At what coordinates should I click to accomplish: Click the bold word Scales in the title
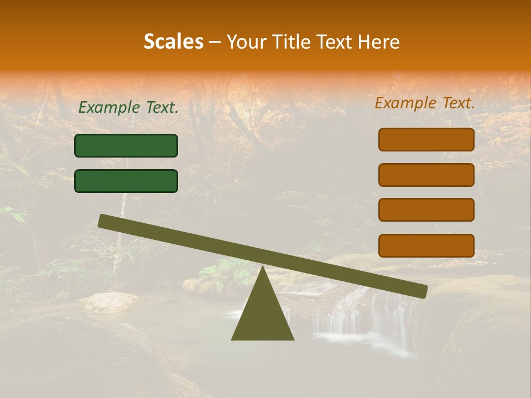point(174,41)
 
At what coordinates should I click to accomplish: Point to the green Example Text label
point(128,108)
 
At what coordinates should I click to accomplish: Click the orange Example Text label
point(425,103)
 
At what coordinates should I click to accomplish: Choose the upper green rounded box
point(126,145)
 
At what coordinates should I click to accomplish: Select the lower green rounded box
point(126,181)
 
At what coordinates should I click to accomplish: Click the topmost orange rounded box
point(426,139)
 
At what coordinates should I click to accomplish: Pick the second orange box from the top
point(426,175)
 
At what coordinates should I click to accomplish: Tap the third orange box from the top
point(426,210)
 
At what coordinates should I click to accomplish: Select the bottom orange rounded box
point(426,245)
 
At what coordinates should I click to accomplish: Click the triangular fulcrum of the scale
point(263,315)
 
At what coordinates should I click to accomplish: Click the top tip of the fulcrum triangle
point(263,268)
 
